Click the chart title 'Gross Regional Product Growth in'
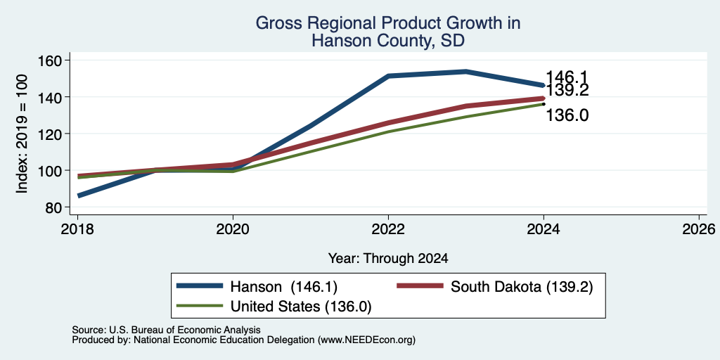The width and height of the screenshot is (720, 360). pos(388,22)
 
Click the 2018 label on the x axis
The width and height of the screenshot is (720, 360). pos(78,229)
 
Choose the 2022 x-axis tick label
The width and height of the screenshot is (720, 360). pos(388,229)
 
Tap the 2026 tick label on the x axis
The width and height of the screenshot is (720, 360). pos(699,229)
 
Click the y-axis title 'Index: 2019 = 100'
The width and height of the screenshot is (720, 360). pos(22,134)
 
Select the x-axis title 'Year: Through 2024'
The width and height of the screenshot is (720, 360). pos(388,259)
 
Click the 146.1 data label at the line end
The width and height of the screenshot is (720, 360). pos(567,77)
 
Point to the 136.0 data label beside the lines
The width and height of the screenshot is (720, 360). pos(567,115)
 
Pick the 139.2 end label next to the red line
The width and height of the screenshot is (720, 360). pos(567,90)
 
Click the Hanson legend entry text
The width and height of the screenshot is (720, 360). pos(284,287)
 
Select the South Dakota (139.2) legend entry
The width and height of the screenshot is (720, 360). pos(522,287)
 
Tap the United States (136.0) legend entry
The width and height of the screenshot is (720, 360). pos(301,307)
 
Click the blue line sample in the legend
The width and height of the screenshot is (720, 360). pos(200,286)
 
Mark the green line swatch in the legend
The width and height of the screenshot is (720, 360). pos(200,305)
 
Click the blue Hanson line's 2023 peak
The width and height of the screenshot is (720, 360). pos(465,71)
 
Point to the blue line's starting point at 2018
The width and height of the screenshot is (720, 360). pos(79,196)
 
